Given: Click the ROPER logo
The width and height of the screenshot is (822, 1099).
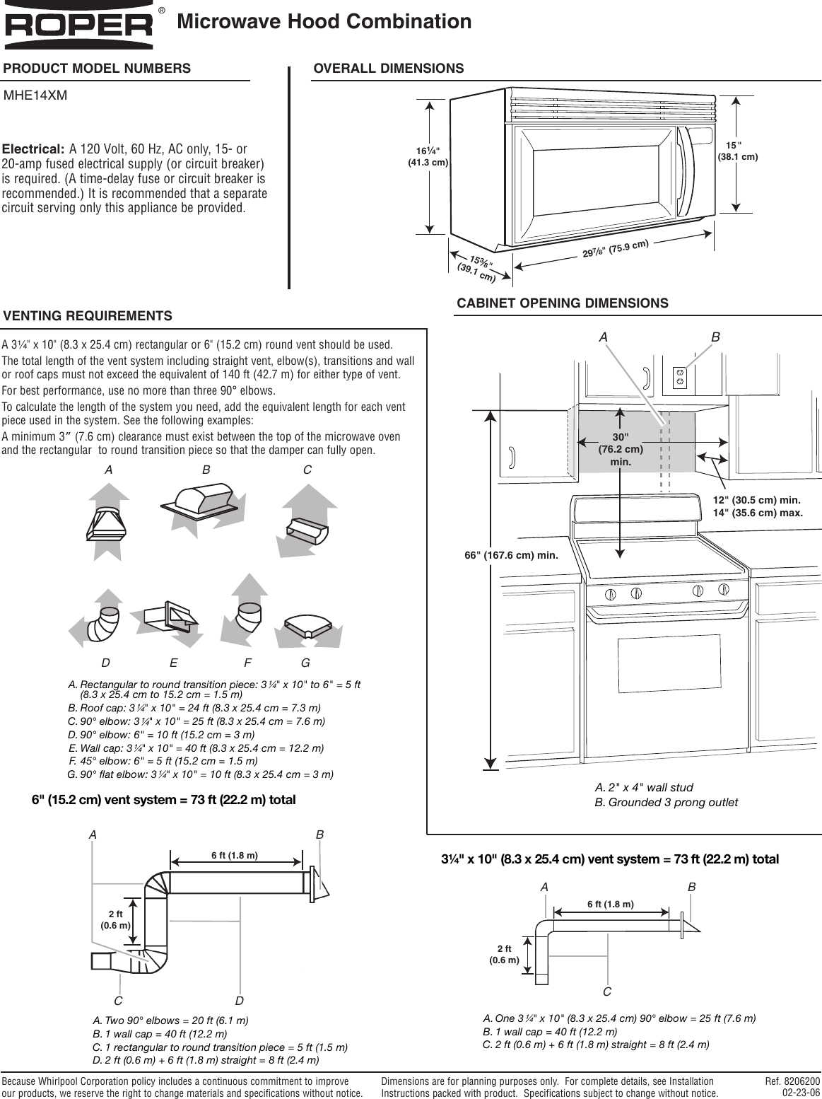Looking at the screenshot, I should [x=80, y=27].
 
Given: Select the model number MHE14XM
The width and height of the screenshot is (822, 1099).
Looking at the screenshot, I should [x=36, y=95].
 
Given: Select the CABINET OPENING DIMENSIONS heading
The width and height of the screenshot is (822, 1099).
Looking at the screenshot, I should [x=562, y=303].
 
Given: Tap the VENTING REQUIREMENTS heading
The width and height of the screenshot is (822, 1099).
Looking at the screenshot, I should [x=88, y=316].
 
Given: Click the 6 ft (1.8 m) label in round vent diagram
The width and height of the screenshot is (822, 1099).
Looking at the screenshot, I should [x=235, y=855].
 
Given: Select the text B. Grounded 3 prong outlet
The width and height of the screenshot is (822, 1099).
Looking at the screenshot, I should [x=666, y=802].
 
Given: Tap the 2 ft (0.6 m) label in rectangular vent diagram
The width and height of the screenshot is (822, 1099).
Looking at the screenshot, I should [x=505, y=954].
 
